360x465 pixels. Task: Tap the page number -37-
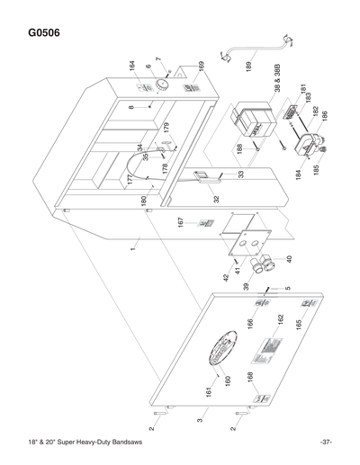325,443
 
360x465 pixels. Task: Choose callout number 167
182,221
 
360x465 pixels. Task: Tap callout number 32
216,201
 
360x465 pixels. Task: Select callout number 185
317,168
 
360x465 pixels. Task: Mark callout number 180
144,200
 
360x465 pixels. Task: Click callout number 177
130,181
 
